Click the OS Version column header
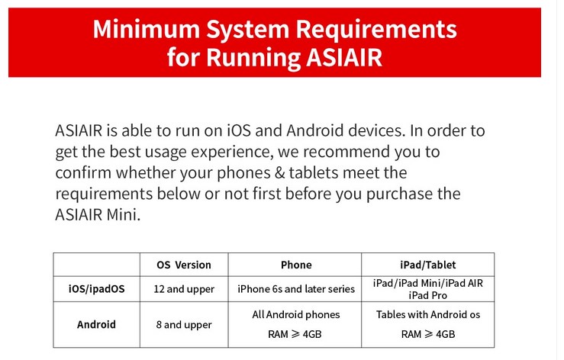coord(183,265)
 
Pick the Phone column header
coord(296,265)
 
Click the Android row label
coord(96,324)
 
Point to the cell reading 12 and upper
coord(183,289)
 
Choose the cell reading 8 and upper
coord(183,325)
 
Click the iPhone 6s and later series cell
coord(296,289)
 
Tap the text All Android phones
coord(296,314)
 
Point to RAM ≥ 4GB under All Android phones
coord(296,334)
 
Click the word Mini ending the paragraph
coord(125,215)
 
